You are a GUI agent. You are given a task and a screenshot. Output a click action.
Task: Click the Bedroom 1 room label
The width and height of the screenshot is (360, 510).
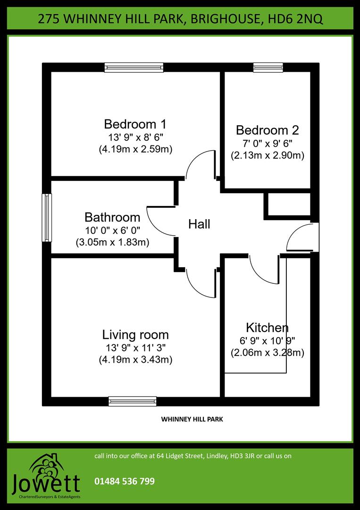pyautogui.click(x=135, y=125)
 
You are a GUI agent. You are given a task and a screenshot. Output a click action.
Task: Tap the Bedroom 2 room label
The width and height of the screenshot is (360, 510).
pyautogui.click(x=267, y=130)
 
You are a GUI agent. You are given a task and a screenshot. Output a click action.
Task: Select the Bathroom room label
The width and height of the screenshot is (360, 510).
pyautogui.click(x=112, y=217)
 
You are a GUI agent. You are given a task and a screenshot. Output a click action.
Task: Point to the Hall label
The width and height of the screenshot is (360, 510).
pyautogui.click(x=199, y=224)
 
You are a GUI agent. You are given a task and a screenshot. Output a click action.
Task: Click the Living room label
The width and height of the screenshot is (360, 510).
pyautogui.click(x=135, y=335)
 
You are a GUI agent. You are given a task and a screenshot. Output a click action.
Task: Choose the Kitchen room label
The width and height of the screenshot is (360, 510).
pyautogui.click(x=267, y=327)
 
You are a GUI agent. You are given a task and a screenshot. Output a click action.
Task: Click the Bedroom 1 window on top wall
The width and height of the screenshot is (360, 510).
pyautogui.click(x=134, y=68)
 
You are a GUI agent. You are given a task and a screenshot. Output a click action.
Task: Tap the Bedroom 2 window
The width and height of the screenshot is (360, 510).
pyautogui.click(x=268, y=68)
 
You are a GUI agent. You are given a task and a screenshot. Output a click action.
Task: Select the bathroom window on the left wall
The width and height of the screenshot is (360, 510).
pyautogui.click(x=47, y=218)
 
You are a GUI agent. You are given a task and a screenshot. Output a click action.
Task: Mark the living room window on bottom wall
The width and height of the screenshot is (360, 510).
pyautogui.click(x=132, y=401)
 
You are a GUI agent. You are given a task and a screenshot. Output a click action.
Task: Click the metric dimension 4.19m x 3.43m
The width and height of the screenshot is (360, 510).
pyautogui.click(x=135, y=360)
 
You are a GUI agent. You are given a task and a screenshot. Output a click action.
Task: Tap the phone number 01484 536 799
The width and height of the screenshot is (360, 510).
pyautogui.click(x=125, y=481)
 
